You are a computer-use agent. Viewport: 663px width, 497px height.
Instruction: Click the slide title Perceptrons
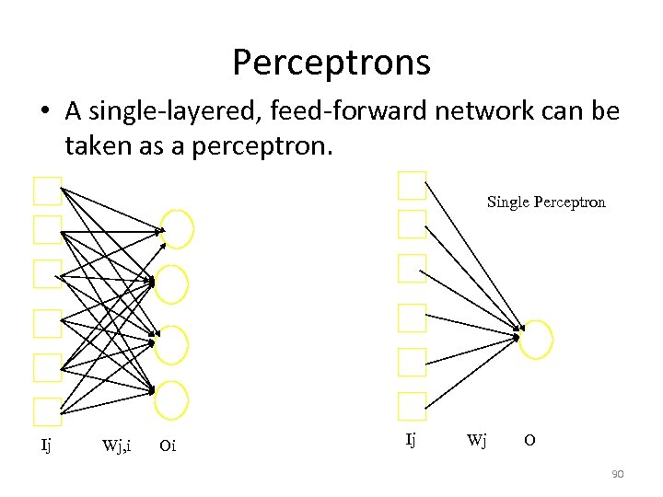click(x=331, y=63)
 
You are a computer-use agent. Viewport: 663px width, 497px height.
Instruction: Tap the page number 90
click(x=618, y=474)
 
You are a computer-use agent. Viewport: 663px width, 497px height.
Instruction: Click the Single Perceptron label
click(x=546, y=202)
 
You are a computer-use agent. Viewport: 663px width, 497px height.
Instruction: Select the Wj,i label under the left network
click(x=116, y=446)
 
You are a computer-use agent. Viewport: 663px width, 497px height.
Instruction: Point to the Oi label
click(x=168, y=446)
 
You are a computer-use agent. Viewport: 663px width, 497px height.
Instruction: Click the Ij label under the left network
click(x=46, y=445)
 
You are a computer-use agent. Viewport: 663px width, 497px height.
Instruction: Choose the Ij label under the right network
click(x=411, y=440)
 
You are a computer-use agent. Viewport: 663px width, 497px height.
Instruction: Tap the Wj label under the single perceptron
click(x=476, y=440)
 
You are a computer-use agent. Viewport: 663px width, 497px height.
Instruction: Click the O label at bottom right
click(x=529, y=440)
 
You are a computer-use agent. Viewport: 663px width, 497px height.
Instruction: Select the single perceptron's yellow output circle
click(x=536, y=338)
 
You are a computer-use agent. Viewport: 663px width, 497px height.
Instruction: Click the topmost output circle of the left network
click(x=176, y=229)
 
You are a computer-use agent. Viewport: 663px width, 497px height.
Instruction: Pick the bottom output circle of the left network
click(x=171, y=399)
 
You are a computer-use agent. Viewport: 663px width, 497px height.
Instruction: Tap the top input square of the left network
click(x=47, y=191)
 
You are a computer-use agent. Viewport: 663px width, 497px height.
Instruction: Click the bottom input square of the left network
click(x=47, y=411)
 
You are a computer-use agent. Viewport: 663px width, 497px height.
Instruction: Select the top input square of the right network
click(x=412, y=185)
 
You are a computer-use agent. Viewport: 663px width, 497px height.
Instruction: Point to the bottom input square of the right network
click(x=412, y=405)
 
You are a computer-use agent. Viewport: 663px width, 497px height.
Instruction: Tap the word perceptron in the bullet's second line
click(x=252, y=144)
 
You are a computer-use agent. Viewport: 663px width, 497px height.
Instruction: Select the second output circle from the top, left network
click(x=171, y=284)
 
